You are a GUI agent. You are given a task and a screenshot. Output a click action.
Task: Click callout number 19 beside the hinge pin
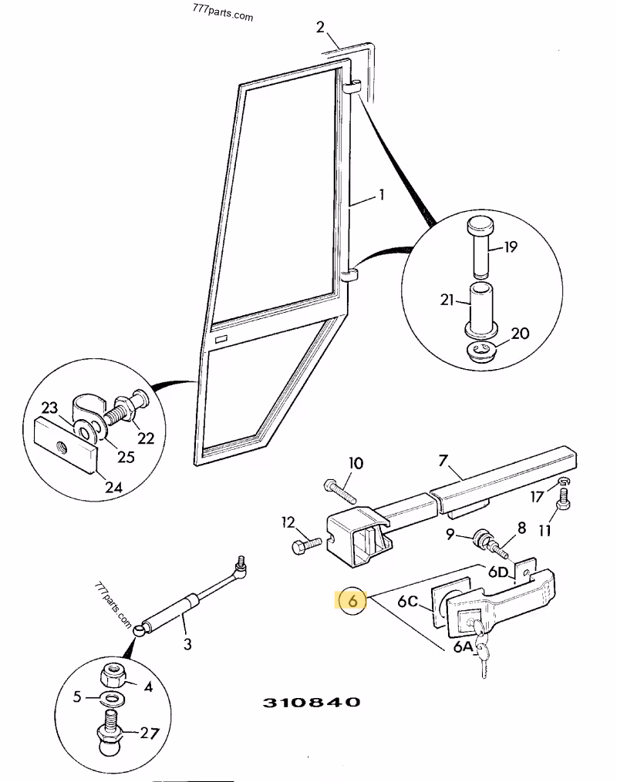point(511,247)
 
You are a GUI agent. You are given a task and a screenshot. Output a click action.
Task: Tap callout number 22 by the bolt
point(145,438)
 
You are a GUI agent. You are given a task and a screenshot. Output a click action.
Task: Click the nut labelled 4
point(116,676)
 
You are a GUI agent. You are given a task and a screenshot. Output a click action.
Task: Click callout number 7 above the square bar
point(443,461)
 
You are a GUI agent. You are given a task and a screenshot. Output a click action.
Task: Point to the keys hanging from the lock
point(482,652)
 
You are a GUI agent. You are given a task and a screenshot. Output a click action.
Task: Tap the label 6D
point(497,571)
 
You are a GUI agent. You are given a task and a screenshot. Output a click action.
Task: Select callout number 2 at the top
point(321,28)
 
